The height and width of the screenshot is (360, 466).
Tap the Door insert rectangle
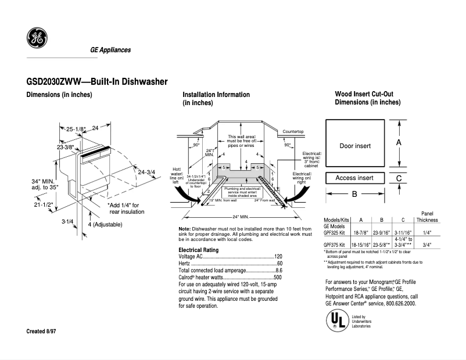pos(355,145)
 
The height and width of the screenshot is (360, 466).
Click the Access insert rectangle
pos(354,178)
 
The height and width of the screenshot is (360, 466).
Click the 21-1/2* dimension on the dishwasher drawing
pos(43,204)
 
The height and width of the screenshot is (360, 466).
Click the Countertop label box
pos(293,132)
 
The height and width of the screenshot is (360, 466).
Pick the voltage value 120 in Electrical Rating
pos(278,257)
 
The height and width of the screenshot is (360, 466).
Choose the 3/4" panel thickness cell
pos(427,245)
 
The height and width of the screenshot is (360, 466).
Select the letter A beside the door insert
pos(399,142)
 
